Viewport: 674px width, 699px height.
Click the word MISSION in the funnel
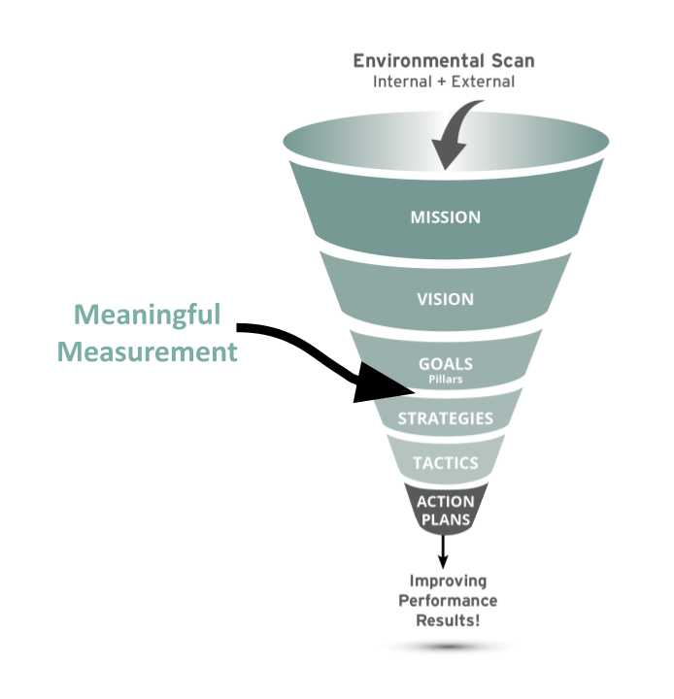[445, 216]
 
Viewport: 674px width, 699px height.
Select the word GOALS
[445, 363]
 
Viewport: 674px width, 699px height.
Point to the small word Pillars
[445, 379]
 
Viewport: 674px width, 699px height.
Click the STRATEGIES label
[445, 419]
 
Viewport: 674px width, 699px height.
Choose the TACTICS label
[445, 463]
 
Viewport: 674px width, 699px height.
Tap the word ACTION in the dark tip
[445, 502]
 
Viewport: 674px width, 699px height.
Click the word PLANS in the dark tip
[445, 519]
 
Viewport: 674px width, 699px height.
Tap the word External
[483, 82]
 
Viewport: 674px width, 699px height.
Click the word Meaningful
[147, 315]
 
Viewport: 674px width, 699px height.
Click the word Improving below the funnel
[445, 582]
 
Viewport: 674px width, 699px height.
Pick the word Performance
[445, 600]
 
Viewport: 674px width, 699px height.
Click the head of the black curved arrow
[384, 386]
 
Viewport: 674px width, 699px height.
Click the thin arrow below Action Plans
[445, 550]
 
